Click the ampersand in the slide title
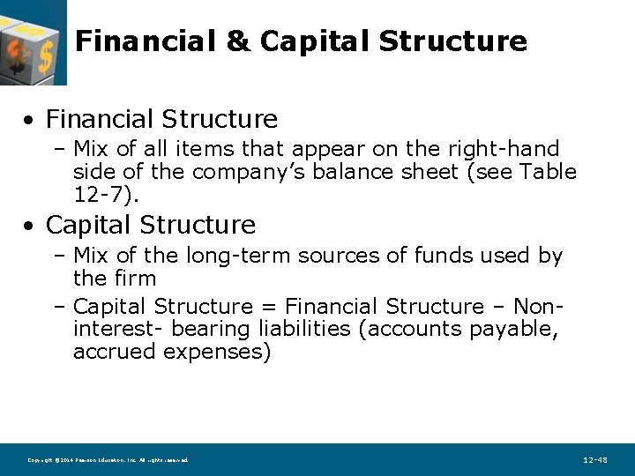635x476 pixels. pyautogui.click(x=238, y=41)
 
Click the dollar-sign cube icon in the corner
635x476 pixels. pyautogui.click(x=34, y=42)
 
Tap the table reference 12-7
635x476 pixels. pyautogui.click(x=96, y=194)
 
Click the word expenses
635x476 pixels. pyautogui.click(x=212, y=353)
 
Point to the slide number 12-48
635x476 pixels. pyautogui.click(x=595, y=460)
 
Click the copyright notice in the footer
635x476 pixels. pyautogui.click(x=108, y=460)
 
